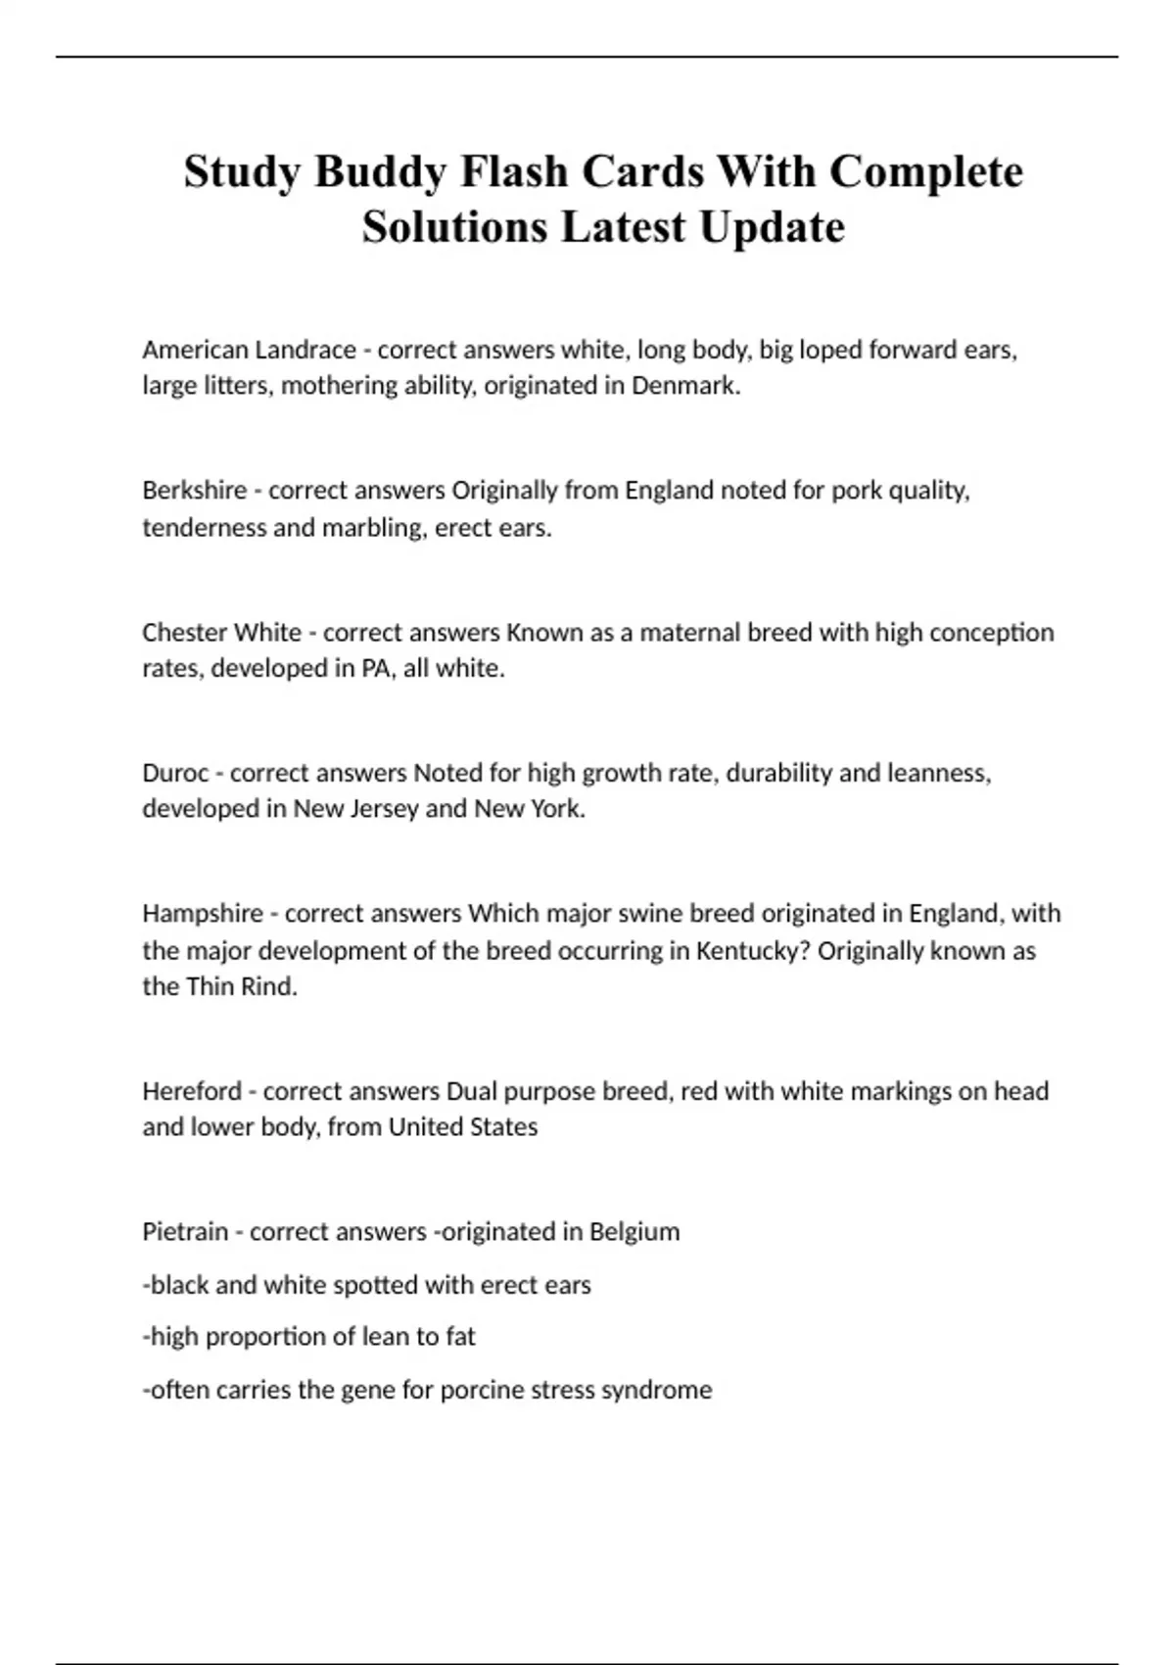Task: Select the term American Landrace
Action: [x=249, y=350]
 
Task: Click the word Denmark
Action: [x=684, y=386]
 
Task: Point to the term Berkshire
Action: [x=194, y=490]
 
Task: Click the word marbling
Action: [x=371, y=528]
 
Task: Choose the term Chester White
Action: [x=221, y=633]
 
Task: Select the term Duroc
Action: [x=175, y=774]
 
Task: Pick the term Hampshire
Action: [x=201, y=914]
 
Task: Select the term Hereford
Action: [x=192, y=1091]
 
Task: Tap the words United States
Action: [x=463, y=1127]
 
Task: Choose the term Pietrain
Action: [x=185, y=1232]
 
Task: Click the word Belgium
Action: [x=634, y=1232]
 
